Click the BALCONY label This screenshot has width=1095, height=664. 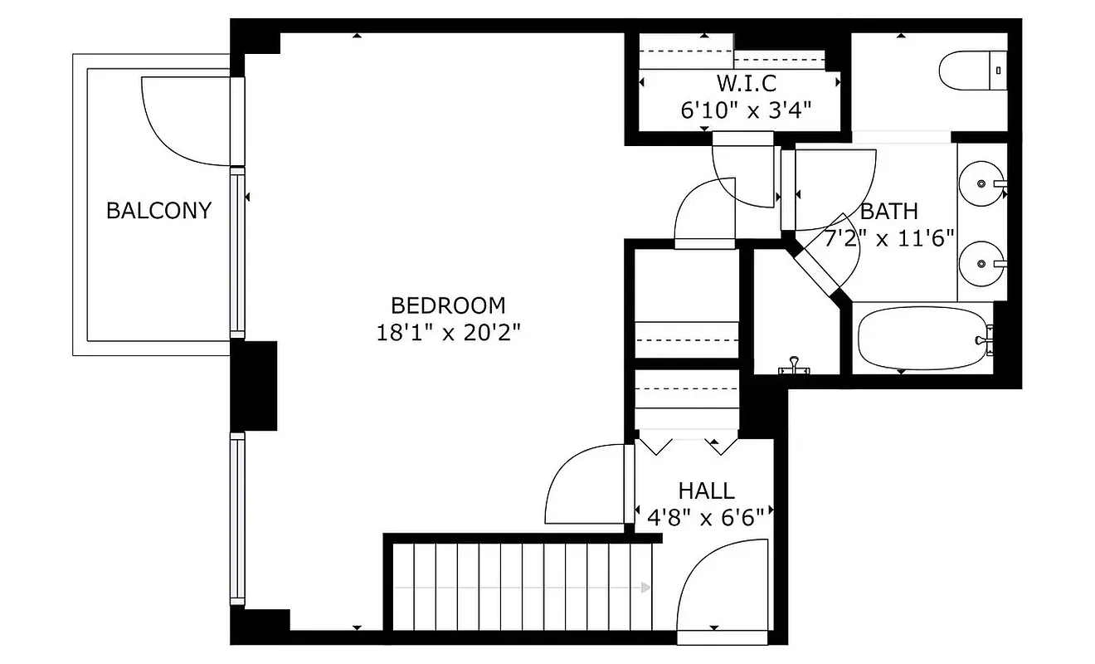pos(158,210)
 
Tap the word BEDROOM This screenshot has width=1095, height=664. pos(448,305)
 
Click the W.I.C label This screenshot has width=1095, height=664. pos(746,84)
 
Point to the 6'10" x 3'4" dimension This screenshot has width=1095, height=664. pos(746,110)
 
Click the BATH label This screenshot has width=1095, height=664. pos(889,211)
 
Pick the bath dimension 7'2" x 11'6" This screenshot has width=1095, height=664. pos(889,239)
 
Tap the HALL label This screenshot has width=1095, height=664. pos(706,491)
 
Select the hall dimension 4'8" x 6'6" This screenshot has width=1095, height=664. pos(706,517)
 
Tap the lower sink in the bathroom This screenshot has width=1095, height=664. pos(981,263)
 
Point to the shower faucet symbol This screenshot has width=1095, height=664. pos(795,365)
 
